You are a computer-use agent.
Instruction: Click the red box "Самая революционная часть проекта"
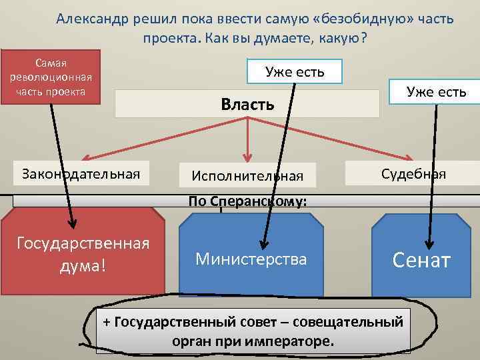pyautogui.click(x=51, y=77)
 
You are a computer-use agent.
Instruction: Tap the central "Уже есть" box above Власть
pyautogui.click(x=294, y=71)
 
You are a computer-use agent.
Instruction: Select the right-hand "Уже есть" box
pyautogui.click(x=437, y=92)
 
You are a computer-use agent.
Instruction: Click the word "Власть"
pyautogui.click(x=247, y=104)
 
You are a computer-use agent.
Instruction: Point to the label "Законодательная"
pyautogui.click(x=81, y=174)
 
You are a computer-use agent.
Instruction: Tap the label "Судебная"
pyautogui.click(x=413, y=174)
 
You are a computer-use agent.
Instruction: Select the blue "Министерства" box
pyautogui.click(x=251, y=259)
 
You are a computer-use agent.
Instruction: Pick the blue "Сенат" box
pyautogui.click(x=421, y=259)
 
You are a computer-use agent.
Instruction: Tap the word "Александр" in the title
pyautogui.click(x=90, y=19)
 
